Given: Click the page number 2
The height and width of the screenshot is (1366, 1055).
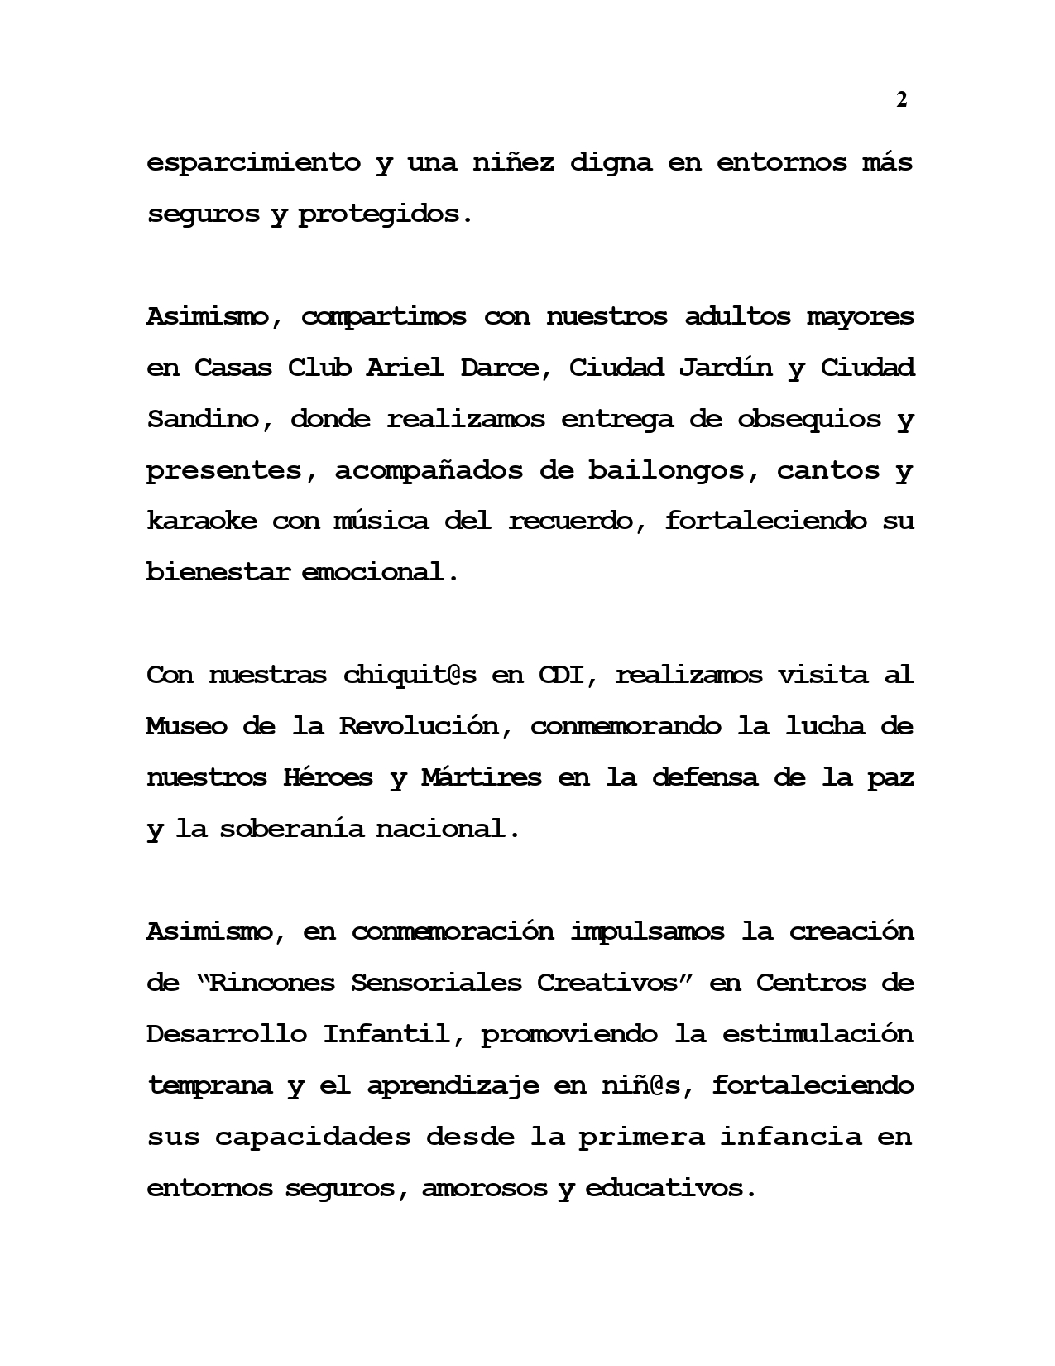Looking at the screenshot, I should pyautogui.click(x=902, y=100).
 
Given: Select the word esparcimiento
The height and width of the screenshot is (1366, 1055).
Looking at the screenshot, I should pyautogui.click(x=254, y=162).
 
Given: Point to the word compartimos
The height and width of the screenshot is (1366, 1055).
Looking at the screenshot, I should pyautogui.click(x=384, y=316).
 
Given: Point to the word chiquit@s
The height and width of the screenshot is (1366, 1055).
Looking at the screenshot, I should pyautogui.click(x=410, y=676).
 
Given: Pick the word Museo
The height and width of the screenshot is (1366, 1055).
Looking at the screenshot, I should pyautogui.click(x=186, y=727).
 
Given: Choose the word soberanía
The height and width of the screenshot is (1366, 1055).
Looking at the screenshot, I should pyautogui.click(x=291, y=830).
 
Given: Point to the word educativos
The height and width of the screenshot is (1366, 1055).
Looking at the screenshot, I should pyautogui.click(x=669, y=1189).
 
